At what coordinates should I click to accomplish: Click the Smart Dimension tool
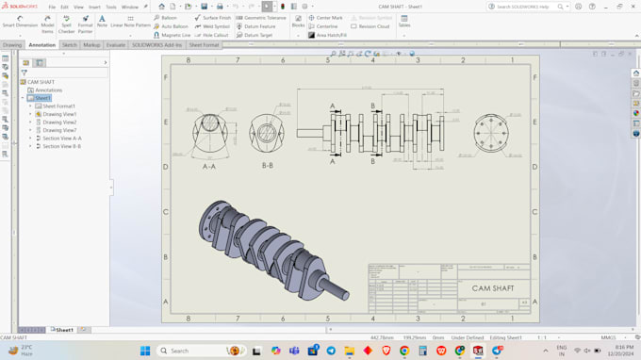pyautogui.click(x=20, y=23)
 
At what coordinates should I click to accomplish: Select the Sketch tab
pyautogui.click(x=70, y=44)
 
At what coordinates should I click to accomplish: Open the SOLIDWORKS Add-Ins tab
pyautogui.click(x=156, y=44)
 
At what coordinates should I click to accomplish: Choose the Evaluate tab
pyautogui.click(x=116, y=44)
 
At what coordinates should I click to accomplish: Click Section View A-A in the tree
pyautogui.click(x=62, y=139)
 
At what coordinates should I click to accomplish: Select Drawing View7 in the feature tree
pyautogui.click(x=59, y=130)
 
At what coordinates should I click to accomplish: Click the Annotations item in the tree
pyautogui.click(x=48, y=90)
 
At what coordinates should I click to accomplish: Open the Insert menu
pyautogui.click(x=94, y=7)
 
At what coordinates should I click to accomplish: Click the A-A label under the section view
pyautogui.click(x=209, y=166)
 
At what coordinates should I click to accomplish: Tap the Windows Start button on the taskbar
pyautogui.click(x=145, y=351)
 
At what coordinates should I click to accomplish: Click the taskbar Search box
pyautogui.click(x=194, y=351)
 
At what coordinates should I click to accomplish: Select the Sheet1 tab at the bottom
pyautogui.click(x=63, y=330)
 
